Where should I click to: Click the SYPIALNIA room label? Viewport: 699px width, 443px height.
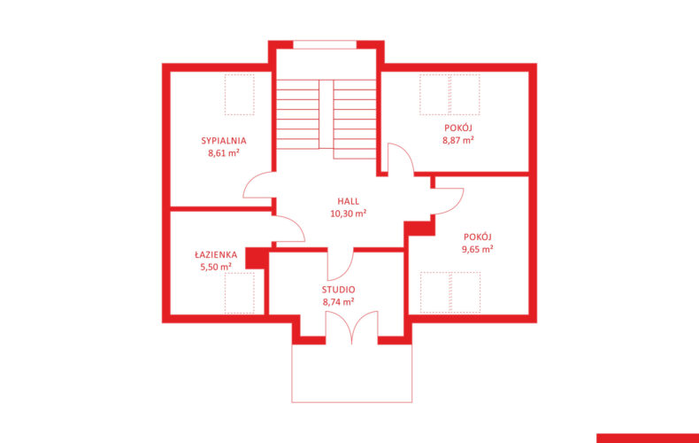(x=223, y=141)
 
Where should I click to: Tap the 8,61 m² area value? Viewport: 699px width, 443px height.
(x=223, y=153)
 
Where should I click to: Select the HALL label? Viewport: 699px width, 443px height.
(x=348, y=201)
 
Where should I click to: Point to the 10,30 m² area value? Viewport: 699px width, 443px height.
(x=348, y=214)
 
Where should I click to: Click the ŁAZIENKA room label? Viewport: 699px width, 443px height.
(x=216, y=254)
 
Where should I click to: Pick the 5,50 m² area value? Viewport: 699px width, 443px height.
(x=216, y=267)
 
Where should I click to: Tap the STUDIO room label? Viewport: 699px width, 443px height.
(x=338, y=290)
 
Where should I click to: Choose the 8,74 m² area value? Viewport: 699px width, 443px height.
(x=338, y=302)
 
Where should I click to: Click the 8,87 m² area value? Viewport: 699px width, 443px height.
(x=457, y=140)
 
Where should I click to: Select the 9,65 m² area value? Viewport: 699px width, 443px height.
(x=477, y=249)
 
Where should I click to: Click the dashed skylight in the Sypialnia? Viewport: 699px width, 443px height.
(x=240, y=95)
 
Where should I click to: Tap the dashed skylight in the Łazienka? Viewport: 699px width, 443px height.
(x=240, y=293)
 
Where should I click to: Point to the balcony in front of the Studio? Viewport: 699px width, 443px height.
(x=352, y=373)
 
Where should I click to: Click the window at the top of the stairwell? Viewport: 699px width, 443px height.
(x=325, y=44)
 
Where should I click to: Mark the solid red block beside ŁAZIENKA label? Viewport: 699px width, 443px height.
(x=257, y=259)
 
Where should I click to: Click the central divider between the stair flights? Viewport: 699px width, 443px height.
(x=326, y=114)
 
